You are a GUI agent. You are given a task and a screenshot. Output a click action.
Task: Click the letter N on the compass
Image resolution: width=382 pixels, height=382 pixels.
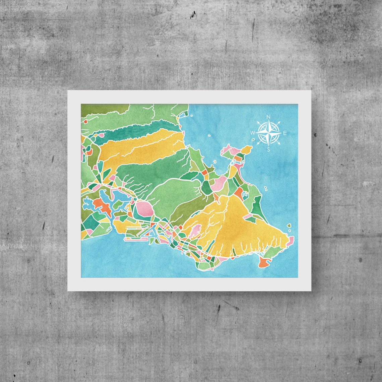(x=268, y=117)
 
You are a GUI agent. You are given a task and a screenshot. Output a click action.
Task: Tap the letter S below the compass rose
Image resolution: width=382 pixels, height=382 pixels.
(x=268, y=150)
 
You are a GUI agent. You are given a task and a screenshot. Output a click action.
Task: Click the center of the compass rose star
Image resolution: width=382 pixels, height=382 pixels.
(x=268, y=133)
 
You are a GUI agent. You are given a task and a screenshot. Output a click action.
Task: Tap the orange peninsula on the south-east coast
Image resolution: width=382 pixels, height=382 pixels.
(x=264, y=262)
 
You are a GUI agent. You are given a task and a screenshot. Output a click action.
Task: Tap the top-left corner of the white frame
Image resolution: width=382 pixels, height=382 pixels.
(x=68, y=91)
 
